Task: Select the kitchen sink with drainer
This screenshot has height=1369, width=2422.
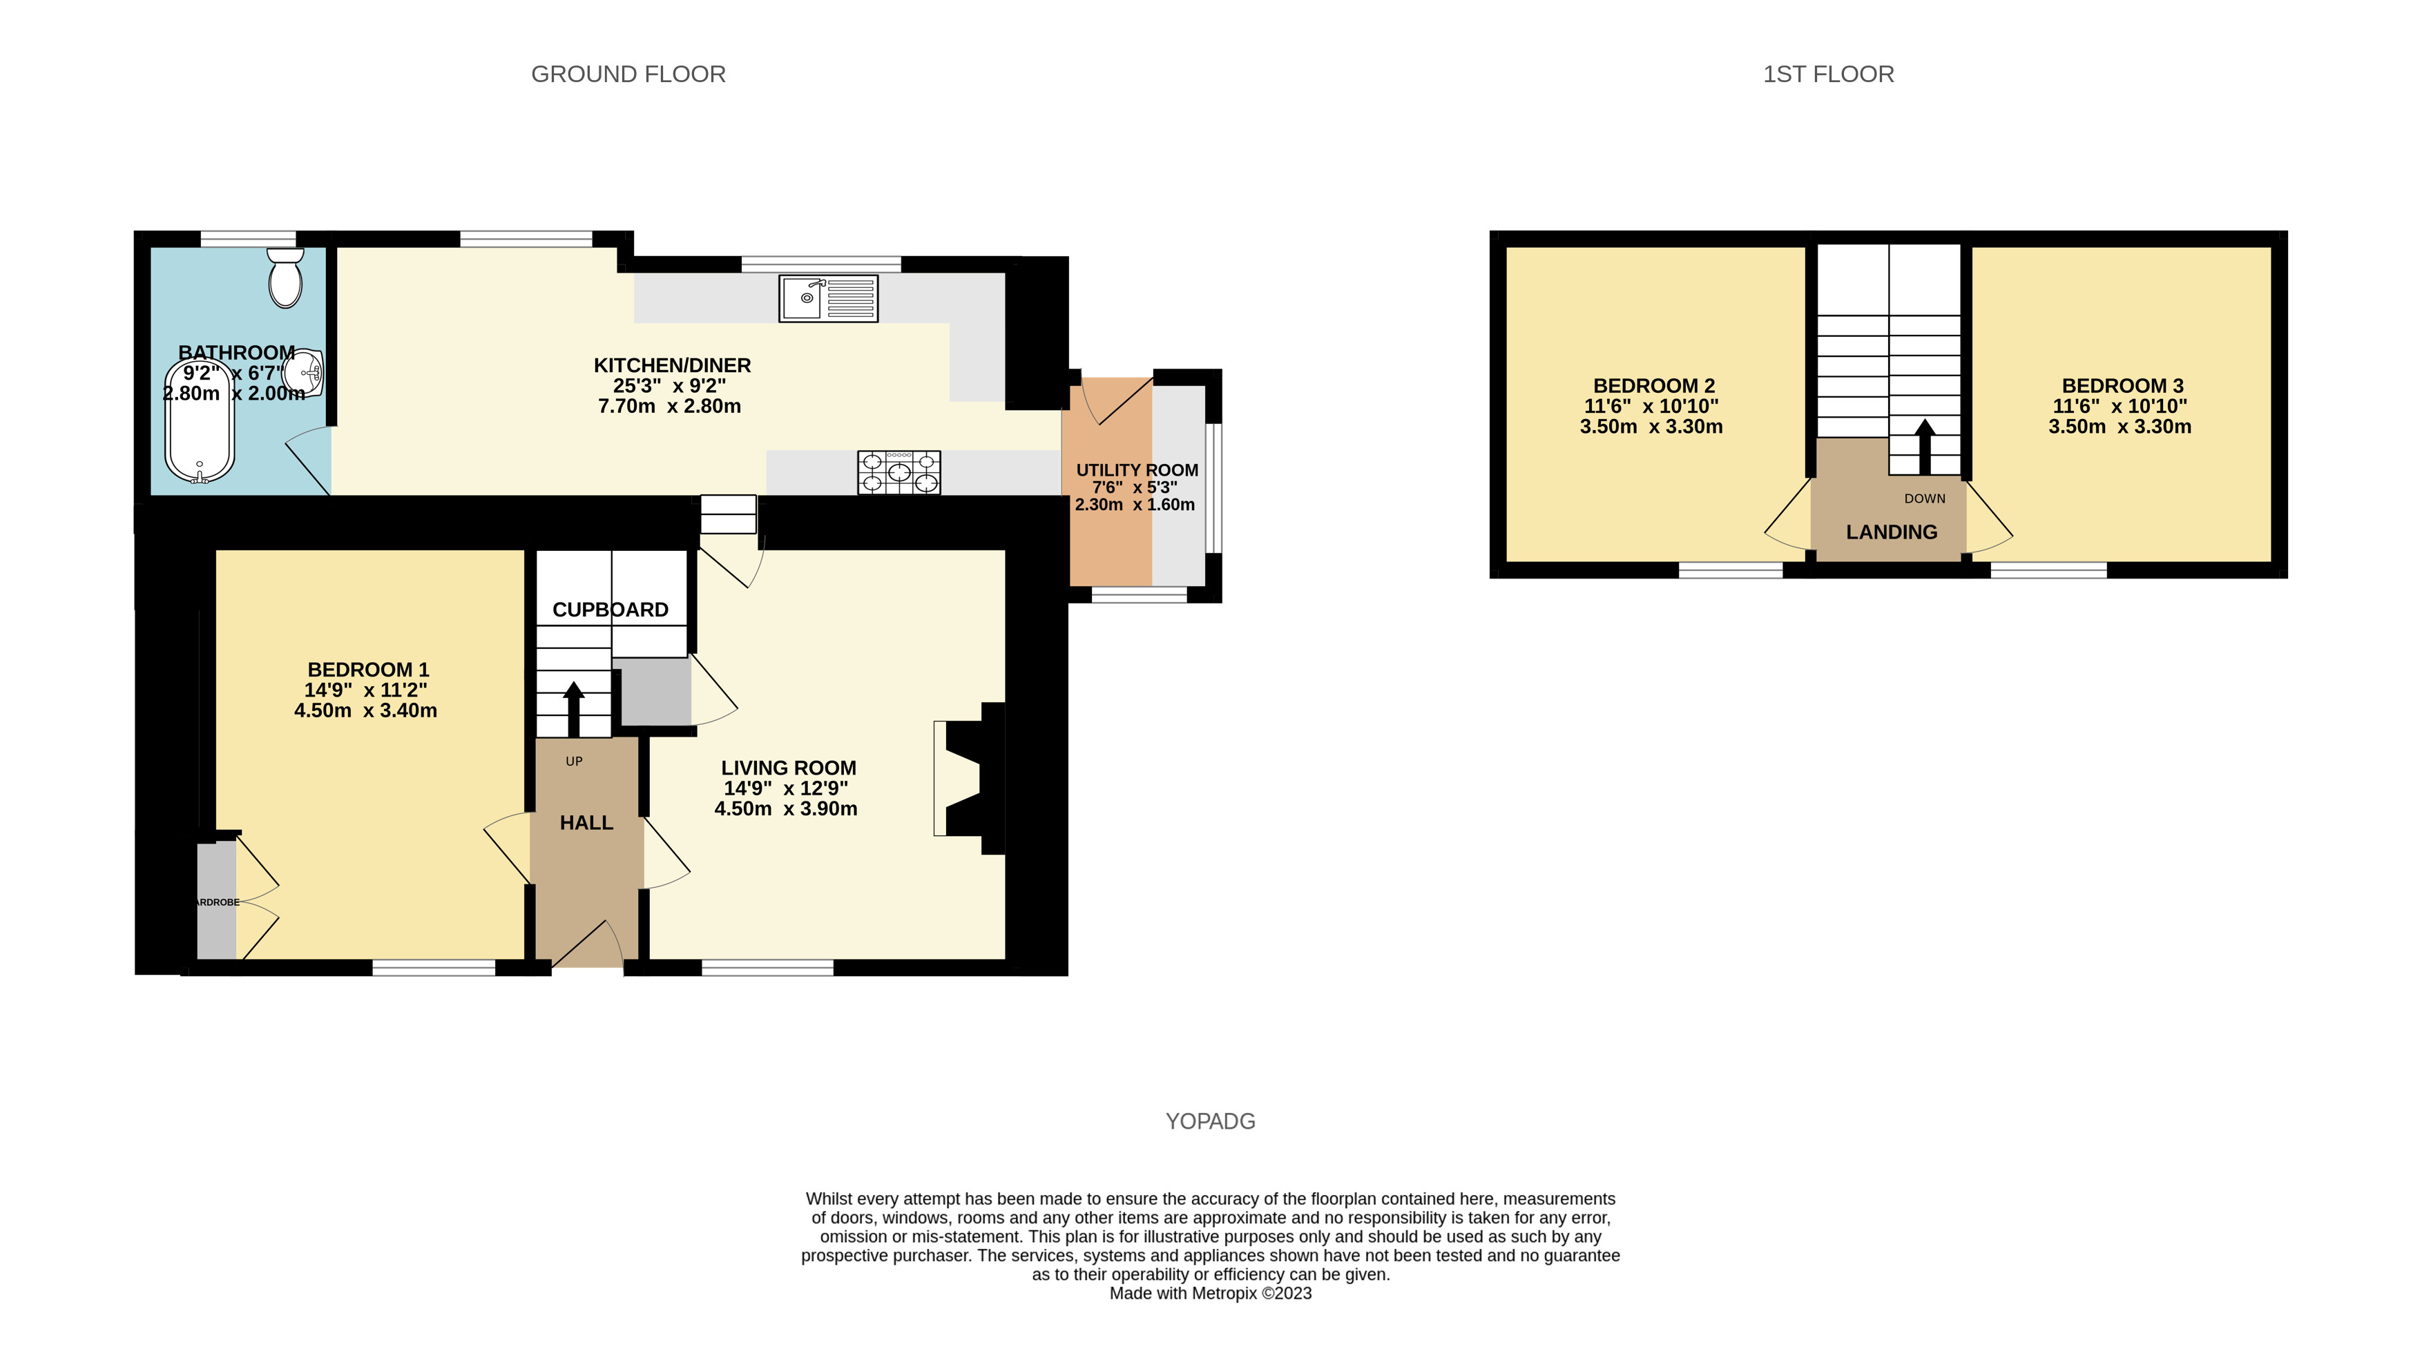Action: coord(828,298)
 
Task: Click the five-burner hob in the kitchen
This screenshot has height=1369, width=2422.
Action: coord(898,472)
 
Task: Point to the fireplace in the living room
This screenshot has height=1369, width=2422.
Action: coord(969,779)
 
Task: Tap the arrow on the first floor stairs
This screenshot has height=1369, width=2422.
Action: coord(1925,446)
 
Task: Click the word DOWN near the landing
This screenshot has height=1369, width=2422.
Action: coord(1925,498)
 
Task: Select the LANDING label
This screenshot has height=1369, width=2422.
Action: coord(1892,532)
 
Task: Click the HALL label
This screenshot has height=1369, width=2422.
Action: coord(586,823)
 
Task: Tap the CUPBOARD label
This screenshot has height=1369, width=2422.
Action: coord(611,610)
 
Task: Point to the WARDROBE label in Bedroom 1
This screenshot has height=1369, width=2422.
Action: coord(216,902)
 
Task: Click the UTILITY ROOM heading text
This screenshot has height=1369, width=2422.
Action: coord(1136,470)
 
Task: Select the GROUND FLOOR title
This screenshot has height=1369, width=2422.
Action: coord(628,75)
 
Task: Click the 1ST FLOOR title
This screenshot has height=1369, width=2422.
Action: coord(1827,75)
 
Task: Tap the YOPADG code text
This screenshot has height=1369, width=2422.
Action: coord(1209,1120)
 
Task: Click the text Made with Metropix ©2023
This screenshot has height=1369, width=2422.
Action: coord(1209,1293)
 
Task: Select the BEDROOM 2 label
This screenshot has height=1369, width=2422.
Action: coord(1653,385)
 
